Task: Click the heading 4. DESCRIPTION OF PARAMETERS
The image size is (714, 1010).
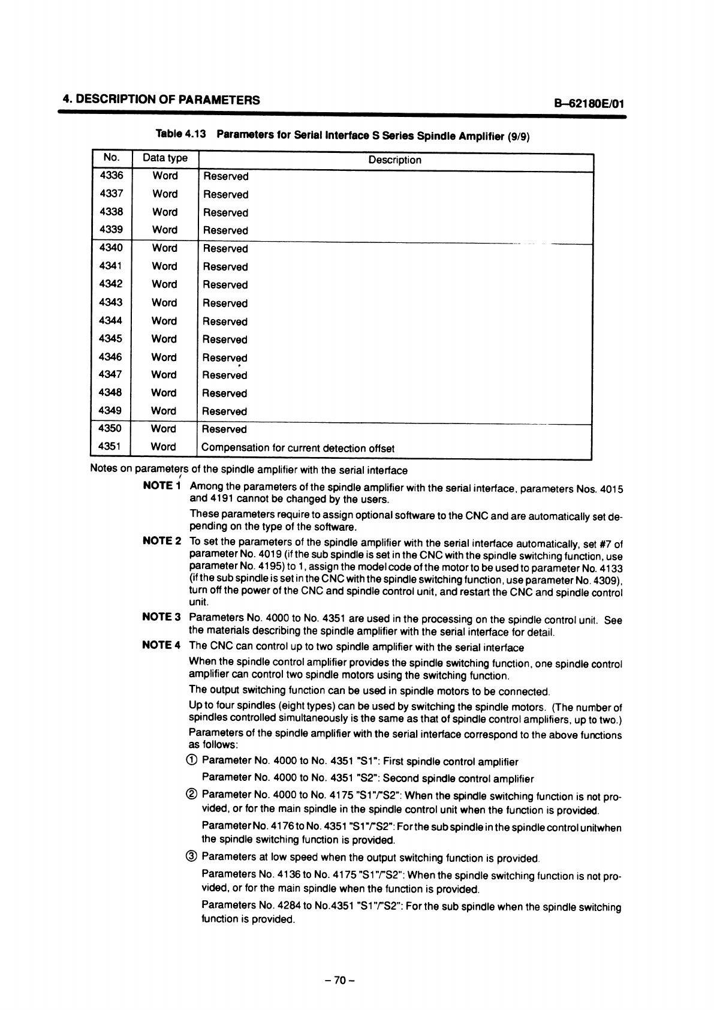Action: click(162, 100)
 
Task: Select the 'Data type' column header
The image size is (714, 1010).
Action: click(165, 158)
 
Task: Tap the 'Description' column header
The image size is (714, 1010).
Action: click(394, 160)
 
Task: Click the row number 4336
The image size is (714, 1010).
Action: click(110, 176)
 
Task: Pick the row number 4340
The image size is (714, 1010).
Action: click(110, 248)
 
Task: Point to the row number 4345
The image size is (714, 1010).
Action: click(110, 339)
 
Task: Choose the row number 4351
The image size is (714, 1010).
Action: click(110, 446)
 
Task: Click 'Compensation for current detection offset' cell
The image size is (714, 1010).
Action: click(298, 448)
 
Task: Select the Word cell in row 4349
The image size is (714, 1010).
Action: click(164, 411)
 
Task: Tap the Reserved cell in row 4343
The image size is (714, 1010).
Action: click(225, 303)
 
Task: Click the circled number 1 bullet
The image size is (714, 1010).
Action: click(193, 761)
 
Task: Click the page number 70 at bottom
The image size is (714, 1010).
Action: click(340, 981)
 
